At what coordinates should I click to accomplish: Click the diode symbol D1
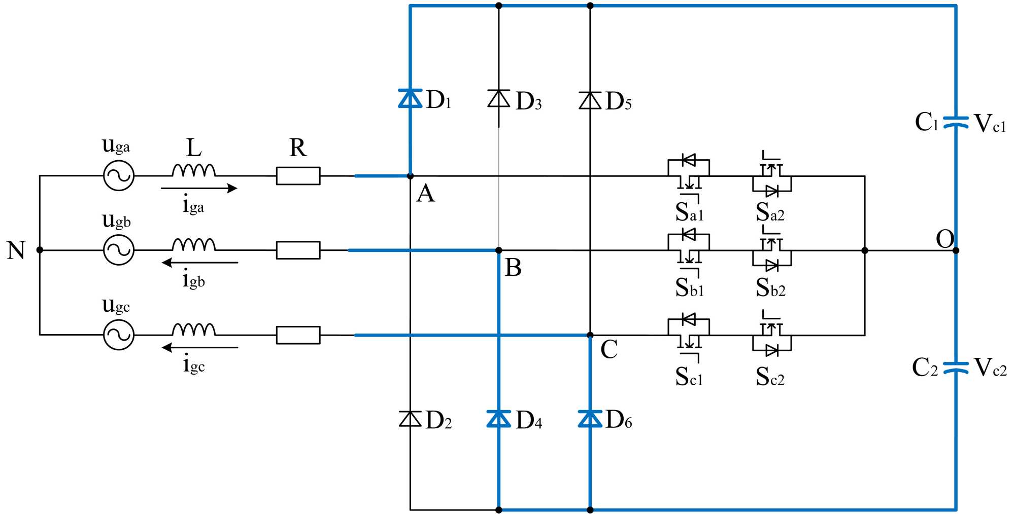pos(410,98)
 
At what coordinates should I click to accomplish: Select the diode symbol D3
pos(498,98)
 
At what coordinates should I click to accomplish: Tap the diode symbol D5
pos(590,100)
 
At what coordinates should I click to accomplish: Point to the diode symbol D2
pos(410,419)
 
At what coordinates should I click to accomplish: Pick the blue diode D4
pos(498,419)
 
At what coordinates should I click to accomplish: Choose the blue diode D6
pos(590,419)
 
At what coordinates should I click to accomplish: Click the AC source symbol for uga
pos(119,176)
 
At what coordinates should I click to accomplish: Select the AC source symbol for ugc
pos(119,335)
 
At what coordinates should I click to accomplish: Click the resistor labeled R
pos(298,176)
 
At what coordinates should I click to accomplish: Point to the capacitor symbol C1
pos(956,122)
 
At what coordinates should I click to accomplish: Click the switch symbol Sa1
pos(689,176)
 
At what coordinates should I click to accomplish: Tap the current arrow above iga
pos(199,189)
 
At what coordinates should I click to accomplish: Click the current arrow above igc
pos(199,348)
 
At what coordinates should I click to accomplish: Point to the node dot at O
pos(956,250)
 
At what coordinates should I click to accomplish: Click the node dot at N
pos(40,250)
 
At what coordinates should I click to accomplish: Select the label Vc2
pos(990,368)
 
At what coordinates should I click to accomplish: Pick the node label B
pos(513,268)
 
